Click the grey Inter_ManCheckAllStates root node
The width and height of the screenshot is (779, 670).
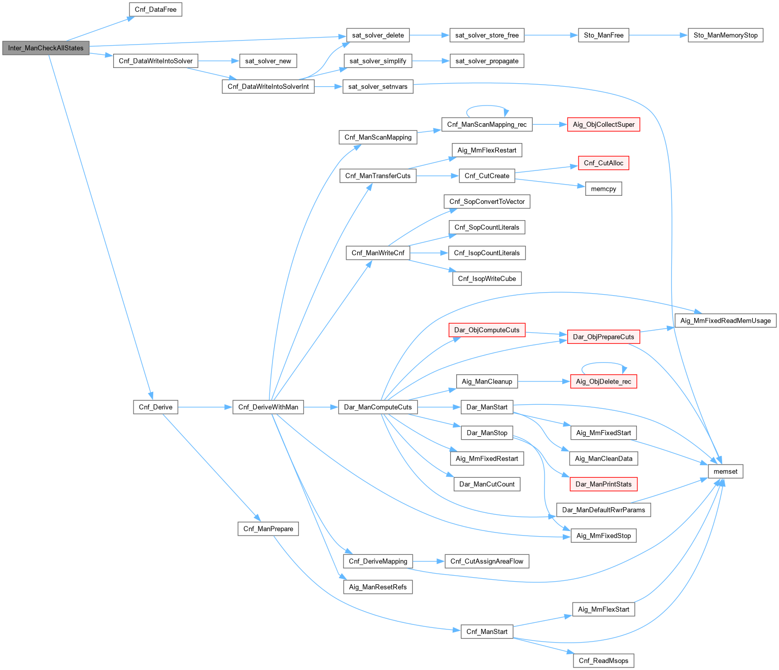click(46, 48)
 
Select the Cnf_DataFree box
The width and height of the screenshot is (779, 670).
click(155, 10)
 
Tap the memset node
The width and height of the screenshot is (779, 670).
click(725, 471)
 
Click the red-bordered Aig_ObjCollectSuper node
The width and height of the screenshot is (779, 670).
click(603, 124)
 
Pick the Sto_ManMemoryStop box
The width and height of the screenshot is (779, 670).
click(725, 35)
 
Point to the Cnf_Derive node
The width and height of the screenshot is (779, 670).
click(155, 407)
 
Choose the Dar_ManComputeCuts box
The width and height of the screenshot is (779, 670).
click(378, 407)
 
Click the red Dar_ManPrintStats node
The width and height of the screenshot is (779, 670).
click(603, 484)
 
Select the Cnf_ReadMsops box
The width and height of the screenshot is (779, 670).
click(603, 660)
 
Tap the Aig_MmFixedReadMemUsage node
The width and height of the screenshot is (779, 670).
click(725, 321)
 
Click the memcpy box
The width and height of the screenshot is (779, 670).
click(603, 189)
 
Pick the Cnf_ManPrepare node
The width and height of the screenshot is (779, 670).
click(268, 528)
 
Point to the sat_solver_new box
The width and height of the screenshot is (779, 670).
click(268, 61)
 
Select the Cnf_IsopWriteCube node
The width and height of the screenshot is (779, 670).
click(487, 278)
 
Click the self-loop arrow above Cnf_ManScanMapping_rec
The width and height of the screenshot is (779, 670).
click(487, 106)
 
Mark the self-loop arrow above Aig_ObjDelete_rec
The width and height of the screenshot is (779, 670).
click(603, 363)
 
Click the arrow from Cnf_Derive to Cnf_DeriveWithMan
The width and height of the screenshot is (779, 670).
click(205, 407)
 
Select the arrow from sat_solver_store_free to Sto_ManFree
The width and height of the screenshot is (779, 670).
click(551, 35)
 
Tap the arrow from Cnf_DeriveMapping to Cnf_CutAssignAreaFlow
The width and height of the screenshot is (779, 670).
click(428, 561)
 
